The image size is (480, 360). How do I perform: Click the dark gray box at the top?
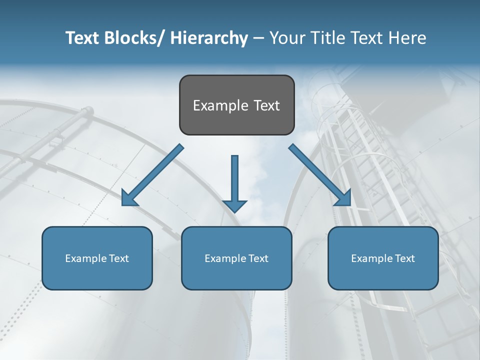point(236,105)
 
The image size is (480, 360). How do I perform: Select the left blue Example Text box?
point(97,258)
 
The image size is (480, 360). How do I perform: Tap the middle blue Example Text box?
point(236,258)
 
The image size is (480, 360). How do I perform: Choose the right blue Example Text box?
point(383,258)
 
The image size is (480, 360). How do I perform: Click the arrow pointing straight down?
point(234,182)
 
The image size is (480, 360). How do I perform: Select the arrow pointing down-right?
point(320,175)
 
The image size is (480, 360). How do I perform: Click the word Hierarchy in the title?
point(209,38)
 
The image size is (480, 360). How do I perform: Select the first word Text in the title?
point(83,38)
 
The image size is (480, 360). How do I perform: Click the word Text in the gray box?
point(266,105)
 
